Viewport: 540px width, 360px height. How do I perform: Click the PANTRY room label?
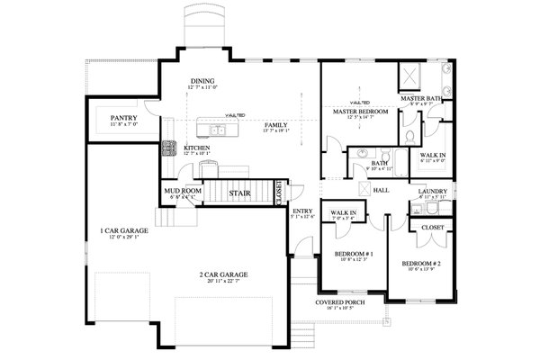click(x=122, y=118)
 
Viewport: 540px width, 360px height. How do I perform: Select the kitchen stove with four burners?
click(x=167, y=148)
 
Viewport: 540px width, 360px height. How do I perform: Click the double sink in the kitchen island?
click(x=216, y=131)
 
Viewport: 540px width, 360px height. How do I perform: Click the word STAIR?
click(x=239, y=192)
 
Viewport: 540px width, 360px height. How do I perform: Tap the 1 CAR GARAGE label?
click(x=123, y=231)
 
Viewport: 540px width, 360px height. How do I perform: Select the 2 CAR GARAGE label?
click(x=224, y=274)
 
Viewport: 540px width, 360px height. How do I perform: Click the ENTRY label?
click(x=301, y=211)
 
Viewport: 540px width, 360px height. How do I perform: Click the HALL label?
click(x=381, y=191)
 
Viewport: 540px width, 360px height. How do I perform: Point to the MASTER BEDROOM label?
click(x=358, y=112)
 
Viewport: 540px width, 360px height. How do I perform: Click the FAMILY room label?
click(x=276, y=125)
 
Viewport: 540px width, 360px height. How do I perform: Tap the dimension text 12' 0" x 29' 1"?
click(x=123, y=238)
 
